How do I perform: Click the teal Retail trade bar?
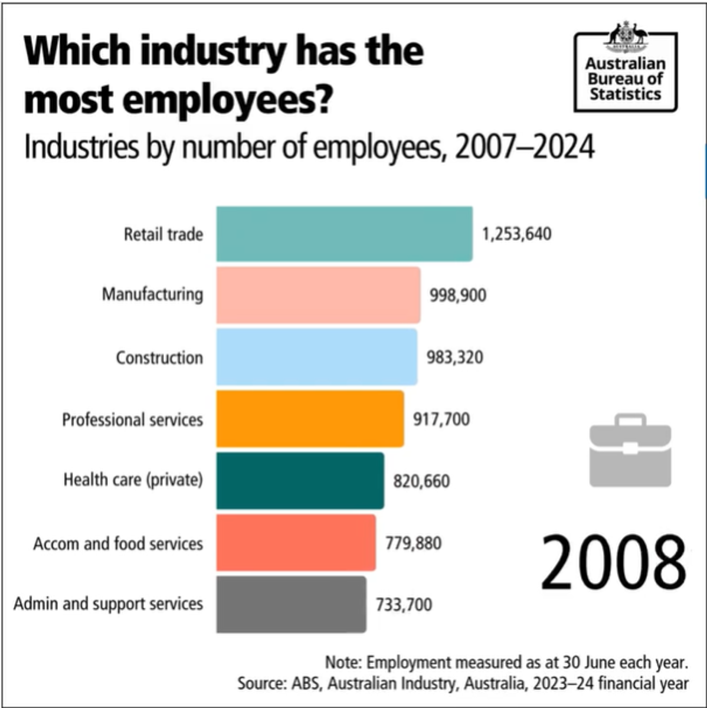(344, 234)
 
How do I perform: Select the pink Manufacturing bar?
(318, 295)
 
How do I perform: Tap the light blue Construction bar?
(316, 357)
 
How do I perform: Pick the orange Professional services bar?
(310, 419)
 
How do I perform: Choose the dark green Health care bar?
(300, 481)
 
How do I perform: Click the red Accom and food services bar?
(296, 543)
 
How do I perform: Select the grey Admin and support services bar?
(291, 604)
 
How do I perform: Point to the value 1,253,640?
(516, 234)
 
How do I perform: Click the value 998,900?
(458, 295)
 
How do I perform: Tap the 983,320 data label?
(454, 358)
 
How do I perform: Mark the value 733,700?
(404, 605)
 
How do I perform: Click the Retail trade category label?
(163, 234)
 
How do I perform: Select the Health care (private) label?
(133, 480)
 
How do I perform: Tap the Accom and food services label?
(118, 543)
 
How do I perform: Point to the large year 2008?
(613, 562)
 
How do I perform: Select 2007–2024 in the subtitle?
(525, 147)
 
